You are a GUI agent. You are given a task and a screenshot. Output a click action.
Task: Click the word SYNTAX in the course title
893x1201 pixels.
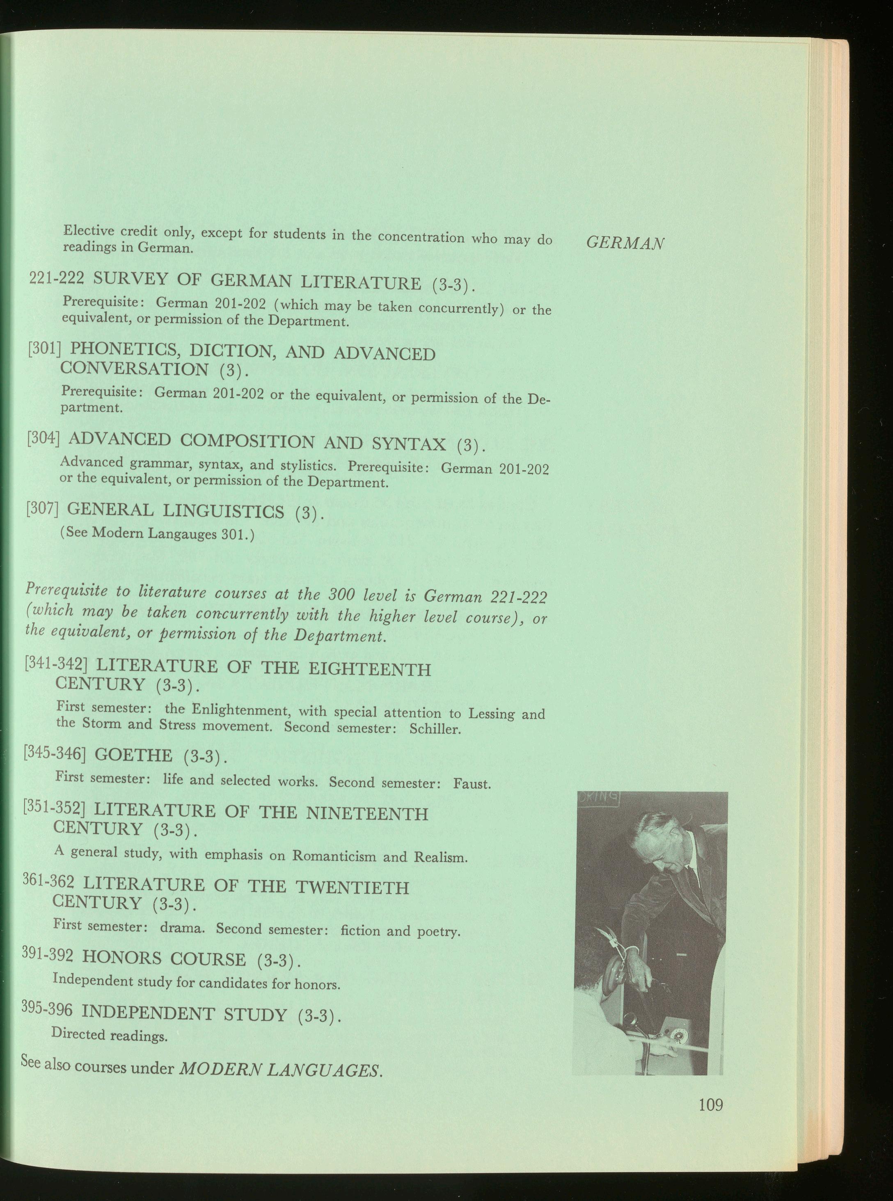409,443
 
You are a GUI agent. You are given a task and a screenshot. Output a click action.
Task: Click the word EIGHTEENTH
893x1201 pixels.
369,669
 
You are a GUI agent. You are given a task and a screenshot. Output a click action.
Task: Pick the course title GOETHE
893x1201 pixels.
133,754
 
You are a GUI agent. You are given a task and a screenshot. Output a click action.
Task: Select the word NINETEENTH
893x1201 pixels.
367,814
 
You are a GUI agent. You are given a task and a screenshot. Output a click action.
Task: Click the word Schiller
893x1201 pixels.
435,729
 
